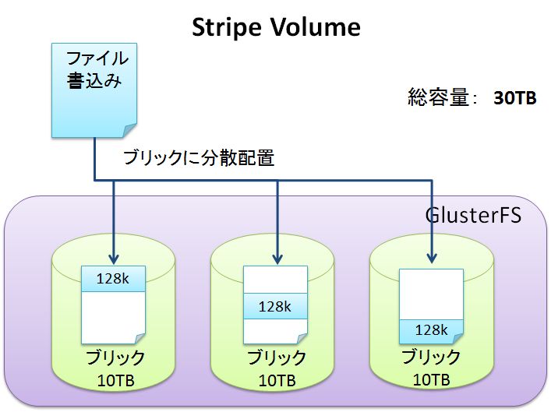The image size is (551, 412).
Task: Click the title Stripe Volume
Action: [276, 27]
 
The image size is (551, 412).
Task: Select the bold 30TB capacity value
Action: [515, 99]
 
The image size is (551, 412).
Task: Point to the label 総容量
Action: [440, 98]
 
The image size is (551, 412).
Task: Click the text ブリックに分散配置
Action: [199, 157]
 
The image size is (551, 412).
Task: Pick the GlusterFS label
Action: [474, 214]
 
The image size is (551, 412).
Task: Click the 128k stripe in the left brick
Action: [113, 278]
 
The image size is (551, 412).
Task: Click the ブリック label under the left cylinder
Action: [114, 359]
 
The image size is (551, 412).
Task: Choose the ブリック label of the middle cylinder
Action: [277, 359]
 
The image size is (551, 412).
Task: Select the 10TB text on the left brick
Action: [114, 381]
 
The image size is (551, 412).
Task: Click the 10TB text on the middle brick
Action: [277, 381]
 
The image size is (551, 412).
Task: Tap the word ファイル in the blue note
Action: [97, 58]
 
